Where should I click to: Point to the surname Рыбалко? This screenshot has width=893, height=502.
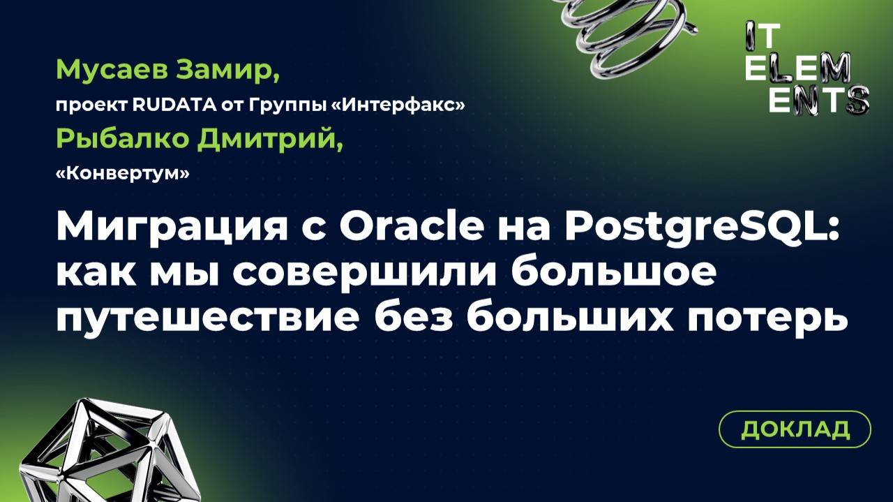pos(121,139)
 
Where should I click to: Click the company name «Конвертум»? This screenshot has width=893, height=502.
pos(122,175)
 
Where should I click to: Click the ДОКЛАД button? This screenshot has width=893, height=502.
pos(795,429)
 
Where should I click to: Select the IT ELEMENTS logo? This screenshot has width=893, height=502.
pos(805,67)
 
